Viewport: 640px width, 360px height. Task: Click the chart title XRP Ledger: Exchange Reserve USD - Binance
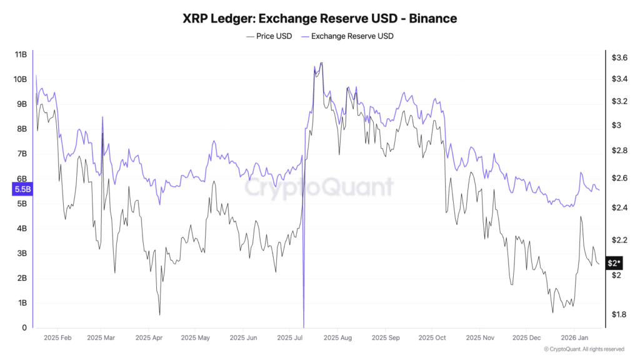[x=319, y=18]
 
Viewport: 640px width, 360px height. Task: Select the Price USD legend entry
[x=269, y=36]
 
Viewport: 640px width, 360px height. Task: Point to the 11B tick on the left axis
[x=20, y=54]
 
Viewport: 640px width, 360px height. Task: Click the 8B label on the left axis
[x=21, y=129]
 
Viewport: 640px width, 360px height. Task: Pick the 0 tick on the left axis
[x=24, y=327]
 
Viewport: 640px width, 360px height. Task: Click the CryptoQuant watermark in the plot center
[x=319, y=187]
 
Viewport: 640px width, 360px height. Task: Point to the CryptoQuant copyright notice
[x=584, y=349]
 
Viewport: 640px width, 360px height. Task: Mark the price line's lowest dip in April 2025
[x=159, y=314]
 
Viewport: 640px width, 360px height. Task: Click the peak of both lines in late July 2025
[x=321, y=63]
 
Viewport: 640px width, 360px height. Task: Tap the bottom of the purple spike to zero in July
[x=304, y=326]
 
